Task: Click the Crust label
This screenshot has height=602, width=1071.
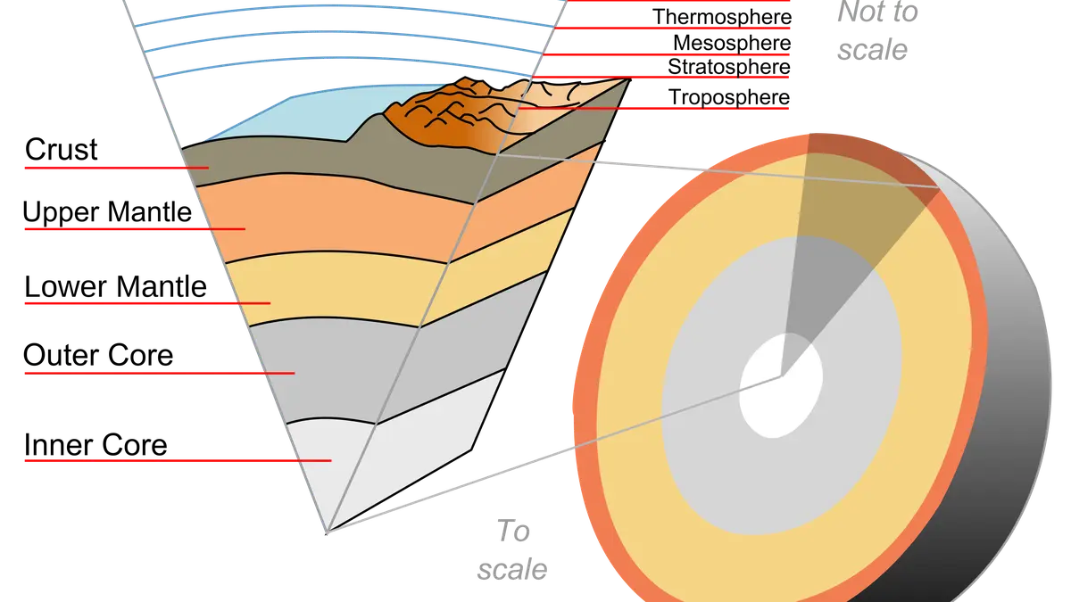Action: (x=62, y=150)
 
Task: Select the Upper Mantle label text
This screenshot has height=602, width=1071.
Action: (x=107, y=211)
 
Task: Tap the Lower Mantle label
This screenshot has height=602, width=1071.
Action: (x=115, y=286)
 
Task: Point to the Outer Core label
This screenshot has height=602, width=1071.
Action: (x=98, y=356)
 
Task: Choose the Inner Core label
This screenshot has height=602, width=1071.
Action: (x=95, y=445)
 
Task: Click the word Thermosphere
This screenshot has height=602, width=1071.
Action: (x=722, y=17)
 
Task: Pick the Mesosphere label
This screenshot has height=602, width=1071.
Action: (x=732, y=43)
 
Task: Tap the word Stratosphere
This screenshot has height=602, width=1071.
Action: (x=728, y=67)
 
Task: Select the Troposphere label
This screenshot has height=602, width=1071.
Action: (x=728, y=97)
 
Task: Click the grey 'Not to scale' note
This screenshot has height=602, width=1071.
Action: (x=877, y=31)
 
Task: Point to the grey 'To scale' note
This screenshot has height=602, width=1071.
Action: (x=512, y=550)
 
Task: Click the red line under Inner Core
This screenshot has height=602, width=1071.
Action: (x=178, y=460)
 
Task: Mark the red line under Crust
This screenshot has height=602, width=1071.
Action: (x=117, y=168)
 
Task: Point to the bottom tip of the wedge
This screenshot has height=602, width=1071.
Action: (x=327, y=532)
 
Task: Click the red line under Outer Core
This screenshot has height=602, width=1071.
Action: (x=160, y=373)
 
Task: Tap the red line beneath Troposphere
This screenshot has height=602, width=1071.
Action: (x=653, y=109)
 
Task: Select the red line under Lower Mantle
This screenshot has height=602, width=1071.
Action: (x=148, y=303)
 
